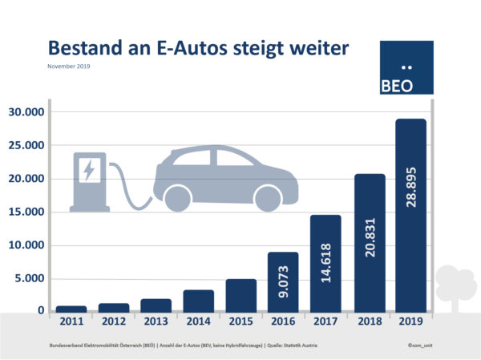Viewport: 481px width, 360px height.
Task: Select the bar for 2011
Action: point(71,309)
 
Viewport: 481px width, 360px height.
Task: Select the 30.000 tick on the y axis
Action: point(25,111)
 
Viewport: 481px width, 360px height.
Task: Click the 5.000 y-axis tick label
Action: point(28,278)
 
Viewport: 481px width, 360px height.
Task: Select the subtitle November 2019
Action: point(69,67)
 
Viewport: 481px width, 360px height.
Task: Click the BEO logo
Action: point(406,68)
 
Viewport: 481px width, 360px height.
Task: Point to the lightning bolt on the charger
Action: point(89,169)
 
